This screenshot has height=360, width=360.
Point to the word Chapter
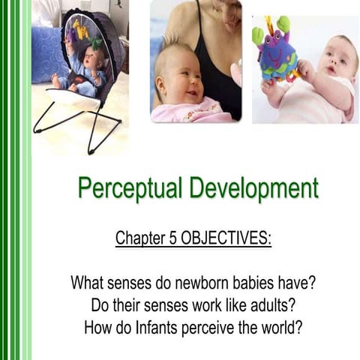[139, 238]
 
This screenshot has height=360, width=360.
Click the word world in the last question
[286, 327]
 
